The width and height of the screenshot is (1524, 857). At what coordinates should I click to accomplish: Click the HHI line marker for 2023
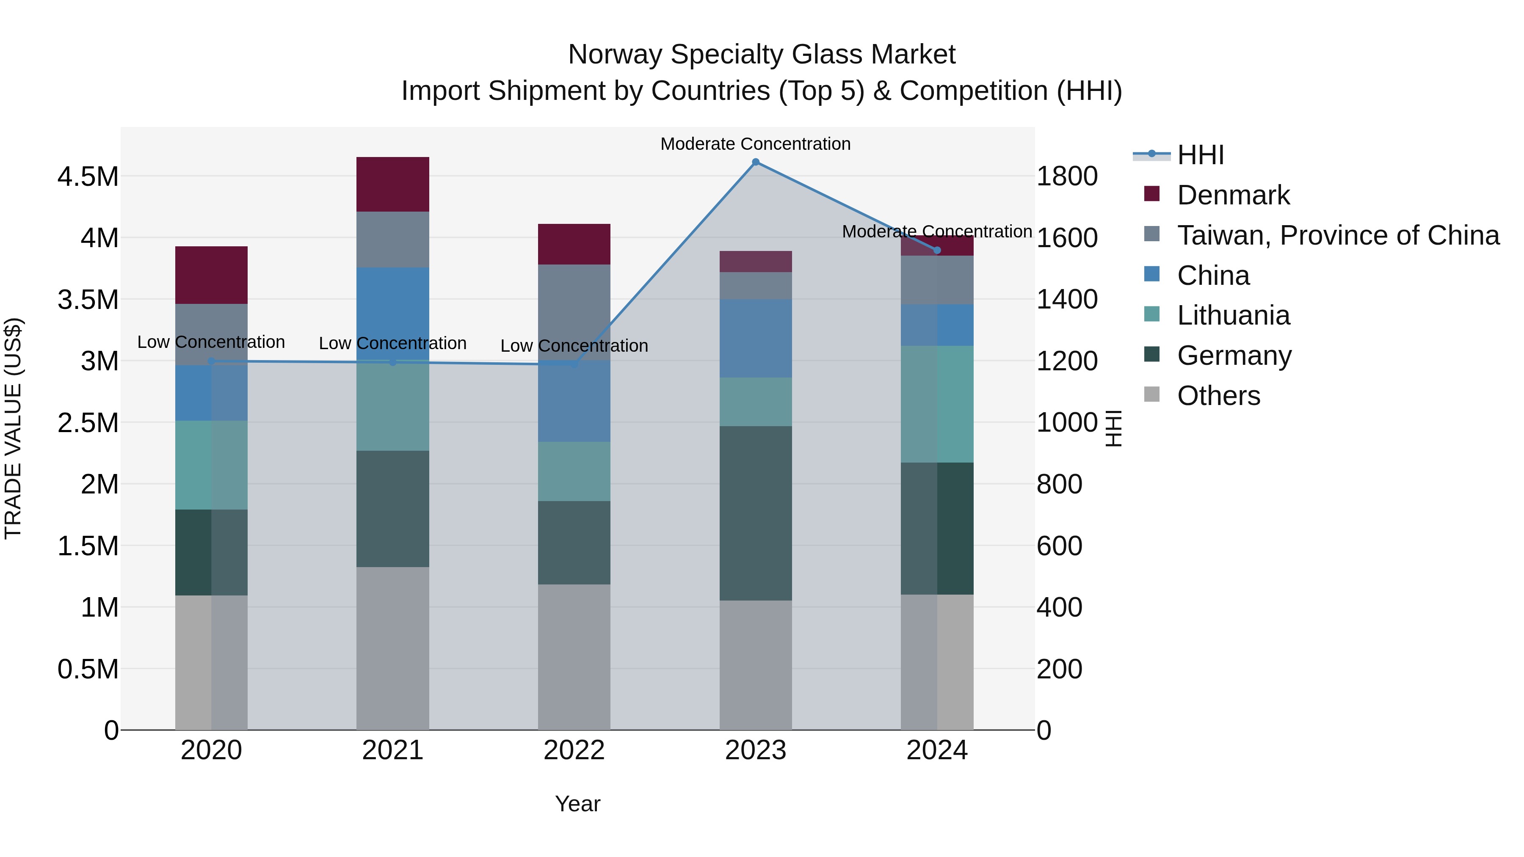click(756, 162)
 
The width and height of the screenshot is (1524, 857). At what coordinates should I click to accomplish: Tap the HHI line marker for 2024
click(937, 250)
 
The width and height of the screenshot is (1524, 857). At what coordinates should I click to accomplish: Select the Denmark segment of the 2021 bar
click(393, 184)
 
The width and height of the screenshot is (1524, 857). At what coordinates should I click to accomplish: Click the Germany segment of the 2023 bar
click(756, 513)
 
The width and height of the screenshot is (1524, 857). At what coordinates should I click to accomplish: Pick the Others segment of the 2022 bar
click(574, 656)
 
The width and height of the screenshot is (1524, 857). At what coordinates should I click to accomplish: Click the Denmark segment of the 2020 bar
click(211, 275)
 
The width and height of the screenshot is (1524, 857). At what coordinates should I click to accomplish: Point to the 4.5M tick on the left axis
click(88, 176)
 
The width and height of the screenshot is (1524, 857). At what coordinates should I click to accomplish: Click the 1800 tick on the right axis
click(1067, 176)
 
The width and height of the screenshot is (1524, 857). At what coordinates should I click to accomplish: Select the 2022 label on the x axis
click(574, 750)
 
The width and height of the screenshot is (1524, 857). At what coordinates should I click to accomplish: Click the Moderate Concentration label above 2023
click(756, 144)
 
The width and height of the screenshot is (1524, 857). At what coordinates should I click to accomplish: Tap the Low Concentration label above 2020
click(211, 342)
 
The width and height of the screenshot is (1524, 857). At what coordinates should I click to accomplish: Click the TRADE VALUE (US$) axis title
click(13, 428)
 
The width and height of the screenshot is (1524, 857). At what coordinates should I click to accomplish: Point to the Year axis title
click(577, 804)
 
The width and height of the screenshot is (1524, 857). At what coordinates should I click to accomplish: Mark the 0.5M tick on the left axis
click(88, 669)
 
